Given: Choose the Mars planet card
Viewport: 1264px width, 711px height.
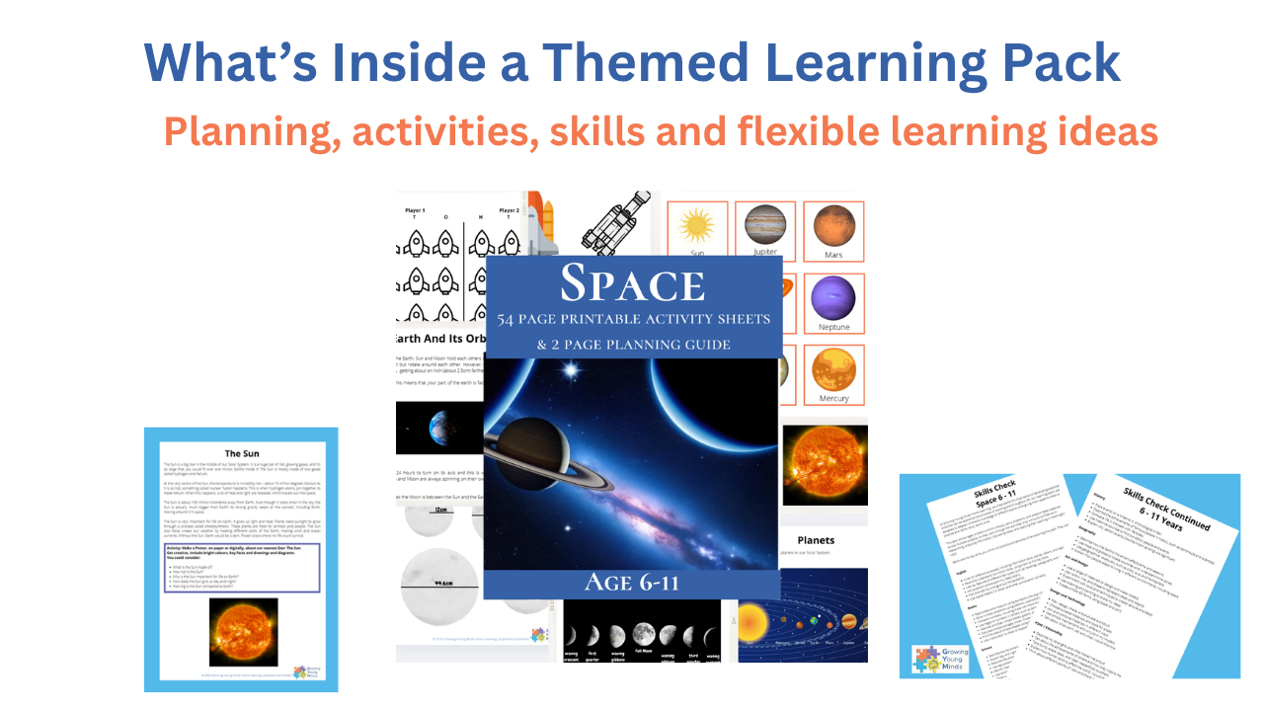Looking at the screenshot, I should click(833, 231).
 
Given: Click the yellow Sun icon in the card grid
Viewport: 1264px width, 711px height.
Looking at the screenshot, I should click(697, 226).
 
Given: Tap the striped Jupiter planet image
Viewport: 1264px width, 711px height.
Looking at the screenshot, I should click(765, 226).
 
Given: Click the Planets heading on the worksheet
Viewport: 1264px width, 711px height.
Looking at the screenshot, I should click(816, 540).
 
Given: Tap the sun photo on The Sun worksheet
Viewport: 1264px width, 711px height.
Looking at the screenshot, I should click(243, 632).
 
